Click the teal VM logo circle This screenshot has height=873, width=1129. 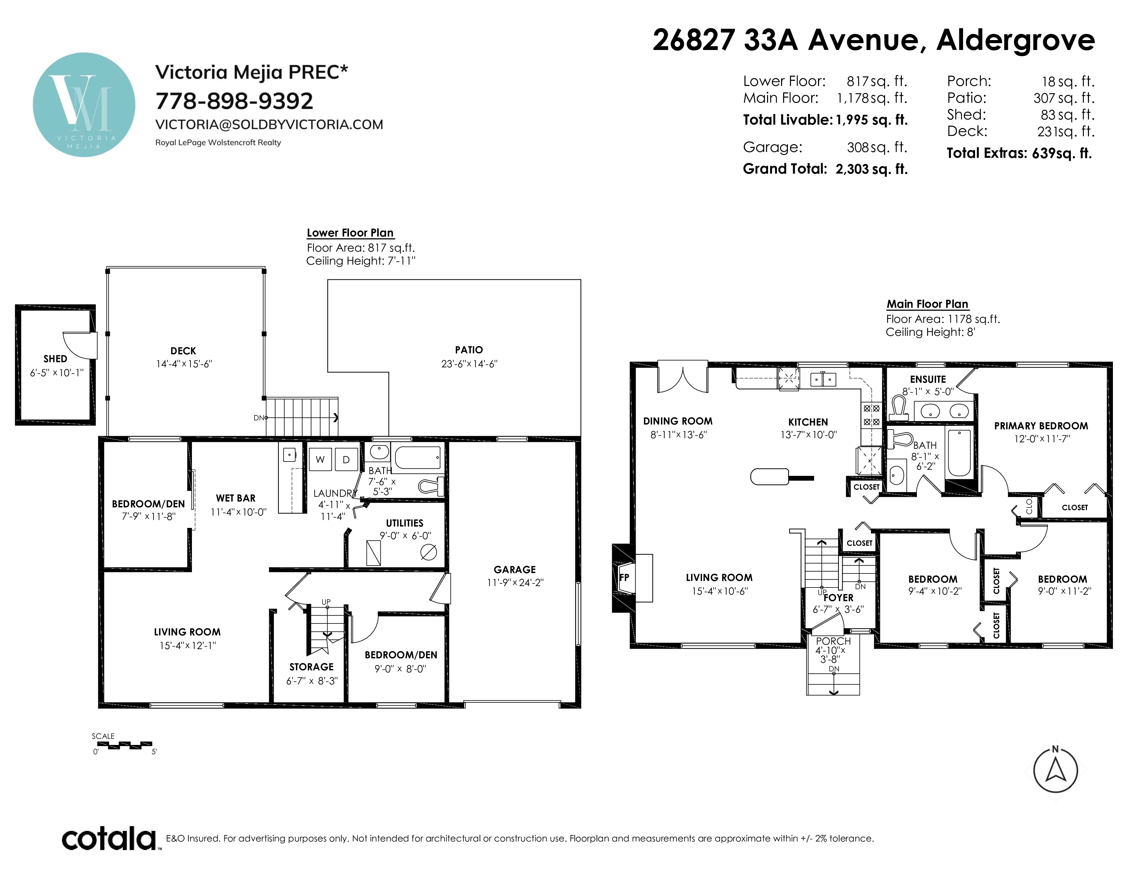pos(84,104)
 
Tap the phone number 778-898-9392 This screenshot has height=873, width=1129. pos(234,101)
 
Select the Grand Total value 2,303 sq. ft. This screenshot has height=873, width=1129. pos(872,169)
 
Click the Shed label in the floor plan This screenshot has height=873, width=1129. pos(55,358)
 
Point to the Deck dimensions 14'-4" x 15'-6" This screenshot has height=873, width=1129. pos(184,364)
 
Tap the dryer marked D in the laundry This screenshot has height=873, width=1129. pos(346,459)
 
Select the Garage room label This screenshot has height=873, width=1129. pos(514,569)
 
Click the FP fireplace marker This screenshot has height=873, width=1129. pos(624,577)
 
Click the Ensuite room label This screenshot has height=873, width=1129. pos(928,379)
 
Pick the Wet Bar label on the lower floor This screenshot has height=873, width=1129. pos(236,498)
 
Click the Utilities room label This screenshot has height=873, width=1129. pos(405,523)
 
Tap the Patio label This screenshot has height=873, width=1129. pos(469,350)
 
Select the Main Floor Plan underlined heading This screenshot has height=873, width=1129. pos(927,304)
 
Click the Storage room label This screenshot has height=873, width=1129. pos(312,667)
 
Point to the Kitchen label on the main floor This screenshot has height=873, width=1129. pos(808,422)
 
